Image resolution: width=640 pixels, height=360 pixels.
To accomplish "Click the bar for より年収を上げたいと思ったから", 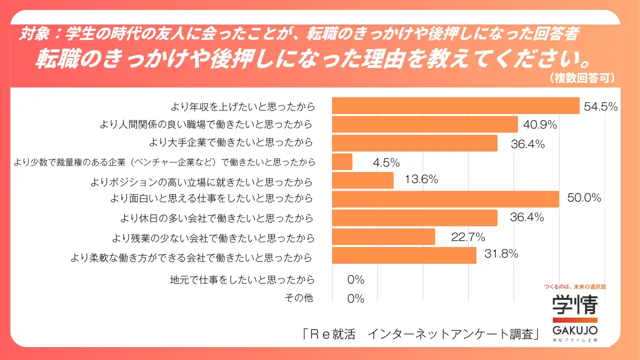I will pyautogui.click(x=455, y=105).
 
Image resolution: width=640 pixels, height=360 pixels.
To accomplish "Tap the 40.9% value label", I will pyautogui.click(x=540, y=124).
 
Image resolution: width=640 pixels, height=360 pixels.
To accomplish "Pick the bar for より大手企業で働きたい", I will pyautogui.click(x=414, y=143).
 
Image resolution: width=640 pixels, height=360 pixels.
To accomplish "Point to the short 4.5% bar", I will pyautogui.click(x=342, y=161).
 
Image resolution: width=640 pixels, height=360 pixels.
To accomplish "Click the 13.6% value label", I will pyautogui.click(x=421, y=179).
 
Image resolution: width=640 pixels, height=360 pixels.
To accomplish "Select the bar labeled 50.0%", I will pyautogui.click(x=445, y=199).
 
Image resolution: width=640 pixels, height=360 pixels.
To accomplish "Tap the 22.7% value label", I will pyautogui.click(x=468, y=237).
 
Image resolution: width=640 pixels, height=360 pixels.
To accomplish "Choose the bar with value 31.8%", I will pyautogui.click(x=404, y=255).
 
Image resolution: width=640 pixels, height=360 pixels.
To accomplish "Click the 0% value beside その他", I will pyautogui.click(x=356, y=299).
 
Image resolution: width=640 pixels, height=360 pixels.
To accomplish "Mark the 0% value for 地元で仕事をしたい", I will pyautogui.click(x=356, y=280).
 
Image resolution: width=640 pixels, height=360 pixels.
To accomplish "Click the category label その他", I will pyautogui.click(x=298, y=298).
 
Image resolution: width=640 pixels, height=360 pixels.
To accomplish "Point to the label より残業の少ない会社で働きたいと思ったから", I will pyautogui.click(x=214, y=237).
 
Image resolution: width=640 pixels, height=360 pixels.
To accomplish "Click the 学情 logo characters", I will pyautogui.click(x=575, y=304).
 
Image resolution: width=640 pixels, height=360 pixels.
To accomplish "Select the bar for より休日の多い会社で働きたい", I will pyautogui.click(x=414, y=218).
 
